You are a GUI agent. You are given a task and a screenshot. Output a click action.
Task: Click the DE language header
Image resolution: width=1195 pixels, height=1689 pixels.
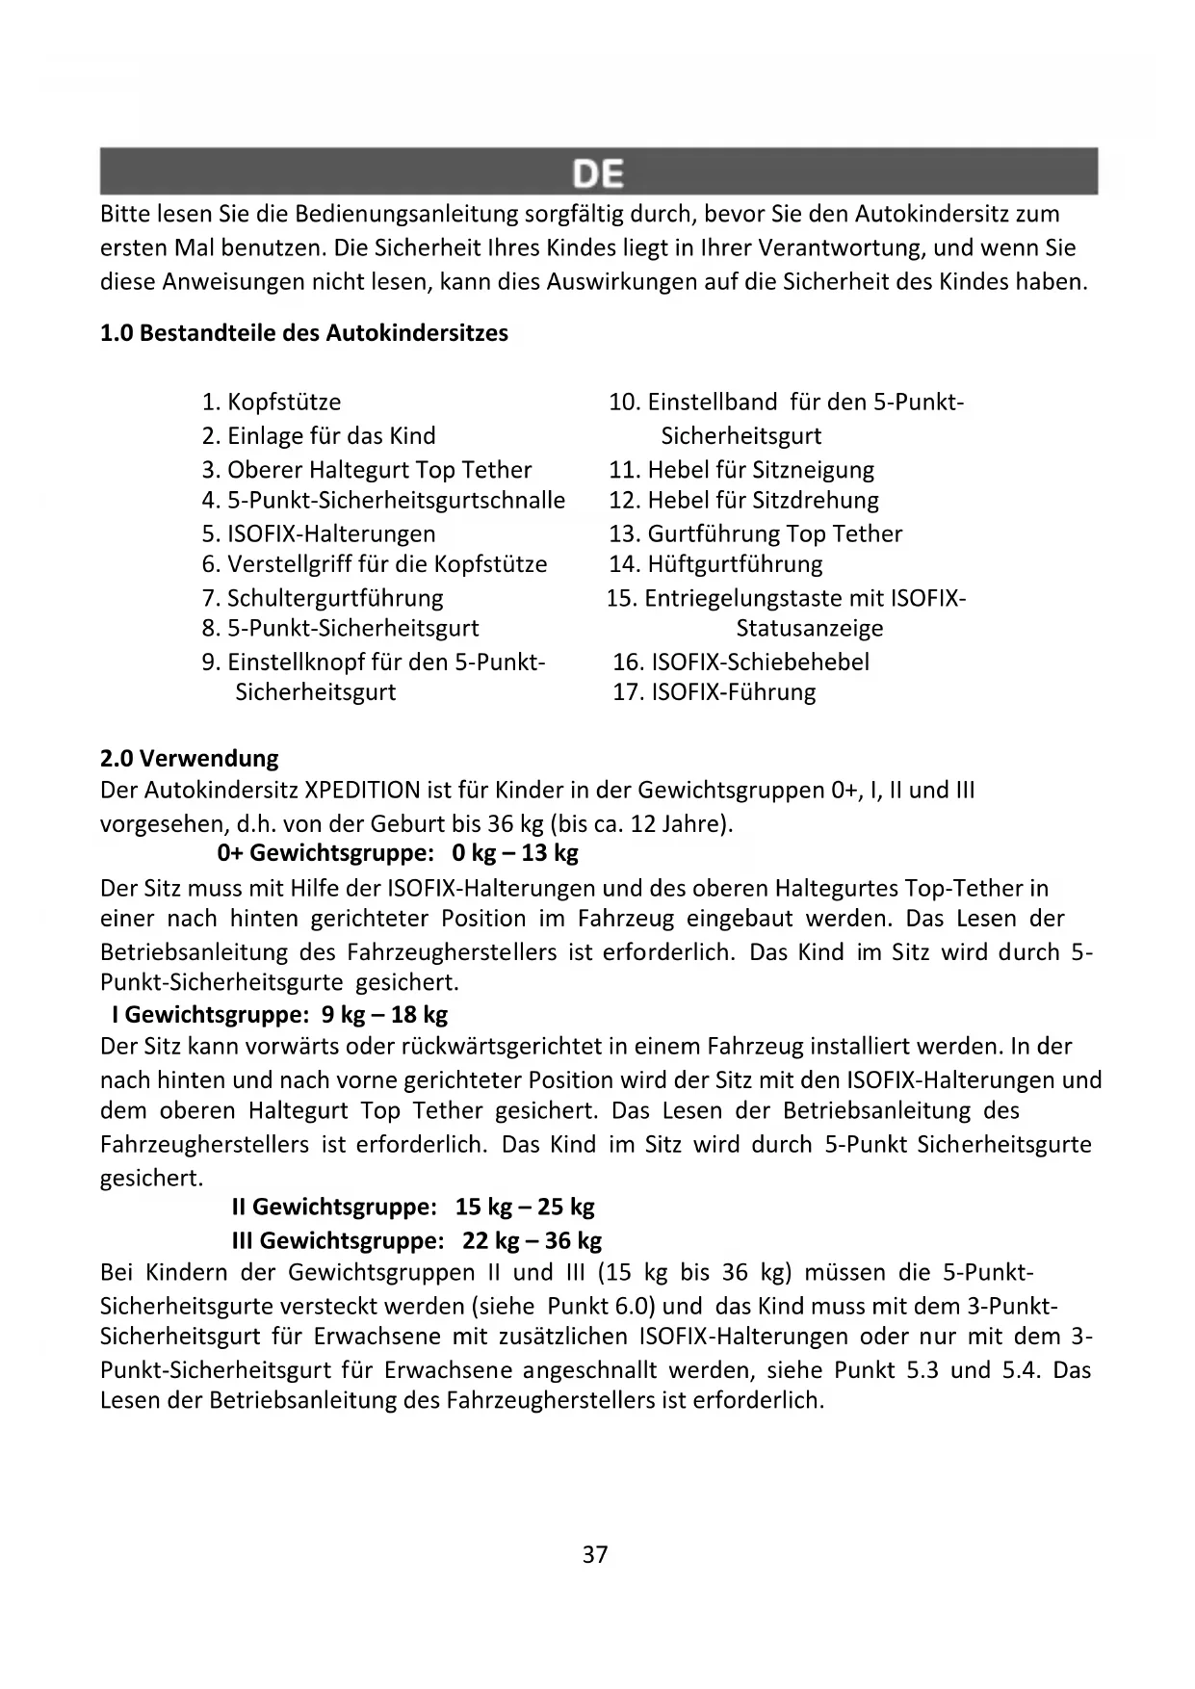pyautogui.click(x=598, y=173)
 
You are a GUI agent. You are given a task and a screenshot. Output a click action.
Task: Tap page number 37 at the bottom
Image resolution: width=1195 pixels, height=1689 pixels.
pyautogui.click(x=595, y=1554)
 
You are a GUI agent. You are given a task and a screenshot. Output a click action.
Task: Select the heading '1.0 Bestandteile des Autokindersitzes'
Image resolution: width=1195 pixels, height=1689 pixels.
pyautogui.click(x=304, y=333)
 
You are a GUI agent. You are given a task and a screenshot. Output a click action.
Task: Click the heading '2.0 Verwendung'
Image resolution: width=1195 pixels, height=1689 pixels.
pyautogui.click(x=190, y=758)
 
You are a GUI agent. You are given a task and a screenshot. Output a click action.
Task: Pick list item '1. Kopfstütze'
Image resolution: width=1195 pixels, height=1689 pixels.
pyautogui.click(x=272, y=402)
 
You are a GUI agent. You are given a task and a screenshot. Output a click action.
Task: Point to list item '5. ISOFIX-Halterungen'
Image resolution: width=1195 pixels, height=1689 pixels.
pyautogui.click(x=319, y=533)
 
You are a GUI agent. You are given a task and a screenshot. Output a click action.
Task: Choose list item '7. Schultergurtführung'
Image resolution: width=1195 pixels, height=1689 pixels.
pyautogui.click(x=323, y=598)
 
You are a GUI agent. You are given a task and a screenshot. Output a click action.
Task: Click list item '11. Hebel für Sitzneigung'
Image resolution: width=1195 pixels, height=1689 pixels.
pyautogui.click(x=741, y=470)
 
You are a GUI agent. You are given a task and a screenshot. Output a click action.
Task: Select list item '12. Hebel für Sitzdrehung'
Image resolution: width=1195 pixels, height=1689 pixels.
pyautogui.click(x=743, y=500)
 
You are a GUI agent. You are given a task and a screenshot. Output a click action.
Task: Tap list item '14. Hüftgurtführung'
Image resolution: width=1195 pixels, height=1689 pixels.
pyautogui.click(x=715, y=563)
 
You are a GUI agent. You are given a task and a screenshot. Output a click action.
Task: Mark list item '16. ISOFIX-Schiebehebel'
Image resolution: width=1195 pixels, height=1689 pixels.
pyautogui.click(x=740, y=662)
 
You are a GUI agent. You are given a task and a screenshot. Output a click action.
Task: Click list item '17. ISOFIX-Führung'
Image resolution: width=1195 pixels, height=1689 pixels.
pyautogui.click(x=714, y=691)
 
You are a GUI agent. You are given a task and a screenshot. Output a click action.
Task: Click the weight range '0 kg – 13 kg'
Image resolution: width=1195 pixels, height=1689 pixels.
pyautogui.click(x=515, y=852)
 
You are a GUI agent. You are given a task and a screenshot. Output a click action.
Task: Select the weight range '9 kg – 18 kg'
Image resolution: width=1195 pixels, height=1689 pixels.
pyautogui.click(x=384, y=1014)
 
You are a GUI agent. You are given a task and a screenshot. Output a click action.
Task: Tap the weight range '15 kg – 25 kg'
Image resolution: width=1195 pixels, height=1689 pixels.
pyautogui.click(x=525, y=1207)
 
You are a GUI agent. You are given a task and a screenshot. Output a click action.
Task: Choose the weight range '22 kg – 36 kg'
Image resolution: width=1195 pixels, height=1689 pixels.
pyautogui.click(x=532, y=1240)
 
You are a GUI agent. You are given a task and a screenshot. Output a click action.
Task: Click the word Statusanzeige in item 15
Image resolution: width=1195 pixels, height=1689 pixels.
pyautogui.click(x=809, y=628)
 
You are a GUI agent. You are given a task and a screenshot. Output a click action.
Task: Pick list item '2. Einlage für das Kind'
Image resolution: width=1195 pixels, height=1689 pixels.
pyautogui.click(x=319, y=435)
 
